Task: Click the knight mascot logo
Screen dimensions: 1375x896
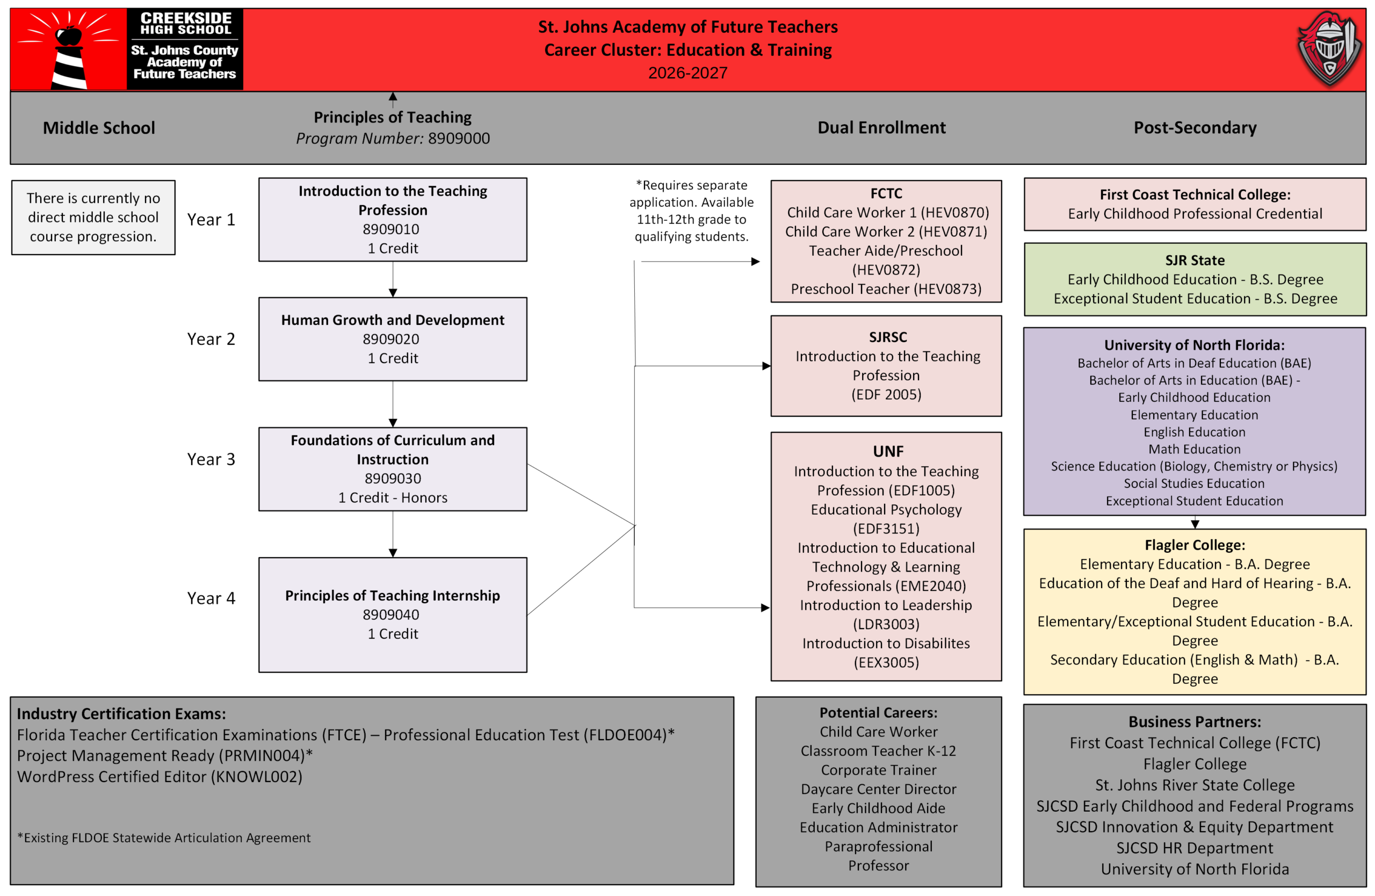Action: coord(1329,49)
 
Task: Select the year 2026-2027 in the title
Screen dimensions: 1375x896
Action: coord(687,73)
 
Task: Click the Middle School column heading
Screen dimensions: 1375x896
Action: coord(99,128)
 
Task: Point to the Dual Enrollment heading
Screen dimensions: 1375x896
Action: coord(881,128)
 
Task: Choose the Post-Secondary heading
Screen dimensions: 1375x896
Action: coord(1195,128)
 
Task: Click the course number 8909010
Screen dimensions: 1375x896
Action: coord(391,229)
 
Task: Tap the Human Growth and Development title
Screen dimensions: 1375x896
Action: coord(393,320)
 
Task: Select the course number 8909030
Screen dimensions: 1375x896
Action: coord(393,478)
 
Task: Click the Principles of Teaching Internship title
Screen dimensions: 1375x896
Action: coord(393,596)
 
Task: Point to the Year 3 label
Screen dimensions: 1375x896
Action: coord(211,459)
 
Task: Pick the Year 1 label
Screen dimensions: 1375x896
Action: coord(211,220)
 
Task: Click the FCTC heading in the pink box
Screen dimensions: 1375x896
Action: coord(886,193)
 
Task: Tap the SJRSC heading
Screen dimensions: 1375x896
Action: coord(888,337)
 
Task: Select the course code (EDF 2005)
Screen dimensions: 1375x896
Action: coord(886,395)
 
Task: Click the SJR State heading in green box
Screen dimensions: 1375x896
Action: coord(1195,261)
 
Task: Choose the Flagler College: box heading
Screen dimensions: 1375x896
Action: coord(1195,545)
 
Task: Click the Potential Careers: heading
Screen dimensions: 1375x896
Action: coord(878,713)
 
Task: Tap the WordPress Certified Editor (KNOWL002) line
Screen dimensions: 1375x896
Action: coord(160,776)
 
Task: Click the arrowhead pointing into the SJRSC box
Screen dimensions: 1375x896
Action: coord(766,366)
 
